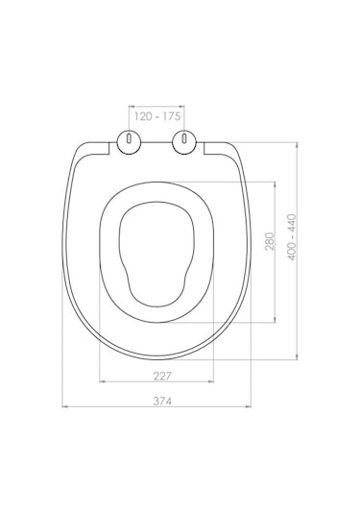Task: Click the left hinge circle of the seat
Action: [x=127, y=142]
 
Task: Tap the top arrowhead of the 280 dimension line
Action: [x=278, y=183]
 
